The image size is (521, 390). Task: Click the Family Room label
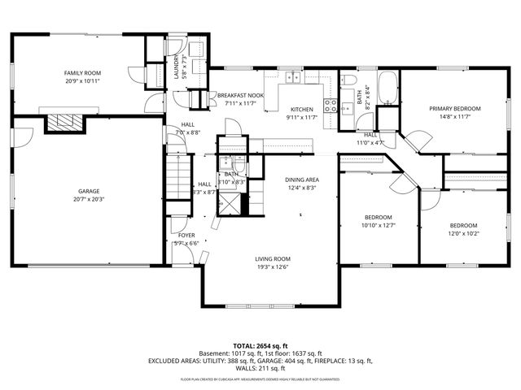click(81, 73)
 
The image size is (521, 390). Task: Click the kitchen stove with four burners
click(331, 104)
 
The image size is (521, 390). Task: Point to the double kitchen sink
click(292, 79)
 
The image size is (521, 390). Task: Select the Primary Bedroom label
click(455, 108)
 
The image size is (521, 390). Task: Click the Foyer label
click(186, 236)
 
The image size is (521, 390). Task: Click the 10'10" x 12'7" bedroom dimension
click(378, 225)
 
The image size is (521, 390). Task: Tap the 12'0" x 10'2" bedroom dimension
click(464, 233)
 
